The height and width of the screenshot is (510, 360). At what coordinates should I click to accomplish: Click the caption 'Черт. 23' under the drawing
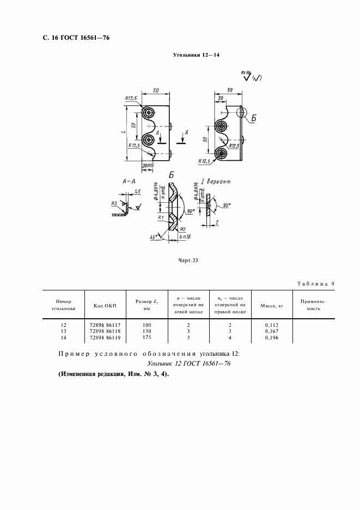click(x=187, y=260)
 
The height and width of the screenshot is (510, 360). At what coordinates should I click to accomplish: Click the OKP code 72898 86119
click(x=105, y=337)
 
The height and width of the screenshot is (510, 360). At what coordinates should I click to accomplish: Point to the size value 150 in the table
click(x=147, y=331)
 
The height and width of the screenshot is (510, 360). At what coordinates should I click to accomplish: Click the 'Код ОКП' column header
click(x=104, y=306)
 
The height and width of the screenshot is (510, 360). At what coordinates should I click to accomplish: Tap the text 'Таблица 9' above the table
click(x=319, y=284)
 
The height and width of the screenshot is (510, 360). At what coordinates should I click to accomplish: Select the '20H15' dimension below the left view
click(x=148, y=165)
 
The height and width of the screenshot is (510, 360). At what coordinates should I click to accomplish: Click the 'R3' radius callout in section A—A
click(x=114, y=203)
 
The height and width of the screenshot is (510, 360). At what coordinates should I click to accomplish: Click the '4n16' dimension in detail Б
click(x=185, y=238)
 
